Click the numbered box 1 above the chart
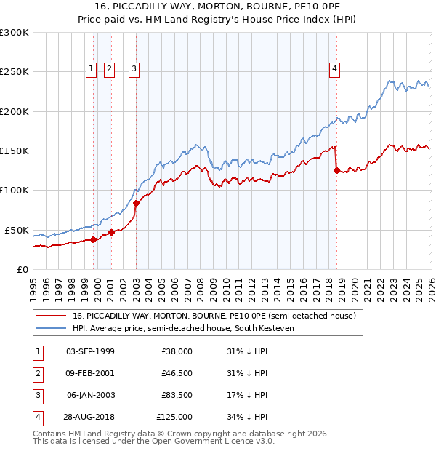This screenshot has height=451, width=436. [x=91, y=69]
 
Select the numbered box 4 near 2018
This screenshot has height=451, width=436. [x=335, y=69]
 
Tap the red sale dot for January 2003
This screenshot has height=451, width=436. [x=136, y=204]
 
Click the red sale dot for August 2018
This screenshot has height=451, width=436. [x=336, y=171]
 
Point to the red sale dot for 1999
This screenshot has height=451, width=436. [x=93, y=239]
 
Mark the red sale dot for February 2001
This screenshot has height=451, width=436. [x=111, y=233]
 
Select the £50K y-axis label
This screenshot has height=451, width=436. [x=17, y=230]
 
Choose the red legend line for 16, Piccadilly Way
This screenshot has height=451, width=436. [x=51, y=316]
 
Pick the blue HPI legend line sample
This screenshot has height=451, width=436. [x=51, y=328]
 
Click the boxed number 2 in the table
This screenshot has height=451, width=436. [x=36, y=373]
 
